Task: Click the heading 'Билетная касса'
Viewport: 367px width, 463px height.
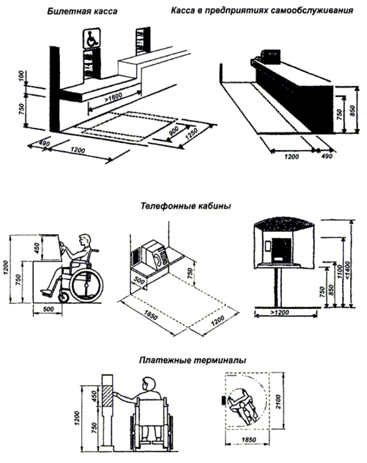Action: click(82, 11)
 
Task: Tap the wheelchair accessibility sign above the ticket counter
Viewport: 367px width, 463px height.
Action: click(91, 39)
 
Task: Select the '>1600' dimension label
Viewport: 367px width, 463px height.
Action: click(113, 97)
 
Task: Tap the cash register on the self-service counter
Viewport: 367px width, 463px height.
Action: click(271, 56)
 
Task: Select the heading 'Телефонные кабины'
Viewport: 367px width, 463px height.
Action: click(186, 205)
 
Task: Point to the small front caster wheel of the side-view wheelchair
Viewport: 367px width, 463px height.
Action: click(63, 297)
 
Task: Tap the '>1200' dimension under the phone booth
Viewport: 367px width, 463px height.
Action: click(280, 313)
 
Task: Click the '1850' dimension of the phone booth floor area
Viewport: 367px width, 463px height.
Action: click(150, 315)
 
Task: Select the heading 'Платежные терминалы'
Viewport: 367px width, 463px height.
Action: click(193, 361)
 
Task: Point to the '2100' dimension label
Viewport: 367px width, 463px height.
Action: click(279, 402)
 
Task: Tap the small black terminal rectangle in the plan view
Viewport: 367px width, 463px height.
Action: click(223, 401)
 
